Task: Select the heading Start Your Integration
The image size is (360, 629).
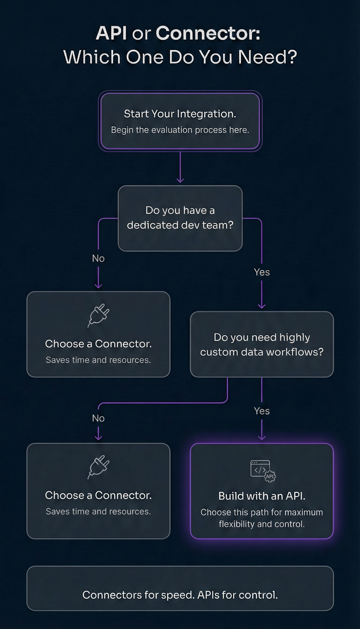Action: point(180,114)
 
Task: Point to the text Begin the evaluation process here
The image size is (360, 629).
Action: point(180,130)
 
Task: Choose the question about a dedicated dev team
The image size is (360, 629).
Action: point(180,218)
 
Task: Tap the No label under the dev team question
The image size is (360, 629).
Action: point(98,258)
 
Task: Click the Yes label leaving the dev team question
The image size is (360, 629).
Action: point(262,272)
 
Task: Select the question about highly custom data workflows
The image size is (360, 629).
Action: point(262,345)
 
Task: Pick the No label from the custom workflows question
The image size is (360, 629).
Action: point(98,418)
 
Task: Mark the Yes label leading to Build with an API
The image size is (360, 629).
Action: point(262,411)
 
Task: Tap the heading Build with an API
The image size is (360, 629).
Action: point(262,496)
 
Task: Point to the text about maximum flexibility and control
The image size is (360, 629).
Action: point(262,518)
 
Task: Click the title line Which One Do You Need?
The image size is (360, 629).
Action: point(180,57)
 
